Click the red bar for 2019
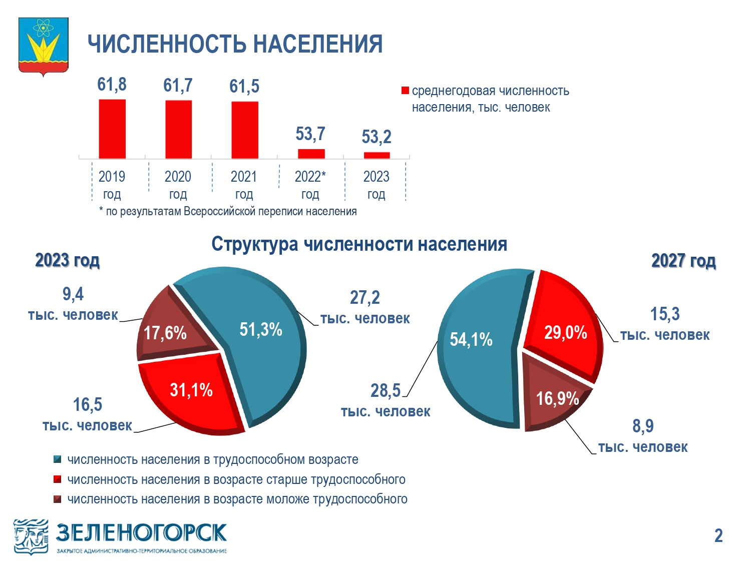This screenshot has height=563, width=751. pos(112,129)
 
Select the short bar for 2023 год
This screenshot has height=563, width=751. pos(377,156)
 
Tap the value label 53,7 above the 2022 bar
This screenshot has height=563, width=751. pos(310,134)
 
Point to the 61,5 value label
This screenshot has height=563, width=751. pos(244,86)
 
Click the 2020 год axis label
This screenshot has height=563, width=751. pos(178,185)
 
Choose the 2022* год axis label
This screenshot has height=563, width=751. pos(310,185)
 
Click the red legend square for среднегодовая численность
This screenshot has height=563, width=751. pos(405,91)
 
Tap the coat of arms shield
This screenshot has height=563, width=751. pos(44,47)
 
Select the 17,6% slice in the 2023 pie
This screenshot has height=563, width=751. pos(171,328)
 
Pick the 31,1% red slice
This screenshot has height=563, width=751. pos(192,393)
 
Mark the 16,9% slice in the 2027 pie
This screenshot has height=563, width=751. pos(554,396)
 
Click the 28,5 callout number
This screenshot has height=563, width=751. pos(385,390)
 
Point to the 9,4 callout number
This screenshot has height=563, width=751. pos(73,294)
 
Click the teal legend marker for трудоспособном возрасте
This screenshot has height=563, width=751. pos(58,459)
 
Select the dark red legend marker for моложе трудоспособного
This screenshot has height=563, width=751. pos(58,499)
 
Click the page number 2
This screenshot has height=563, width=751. pos(718,535)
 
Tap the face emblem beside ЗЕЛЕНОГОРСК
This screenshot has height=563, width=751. pos(31,537)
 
